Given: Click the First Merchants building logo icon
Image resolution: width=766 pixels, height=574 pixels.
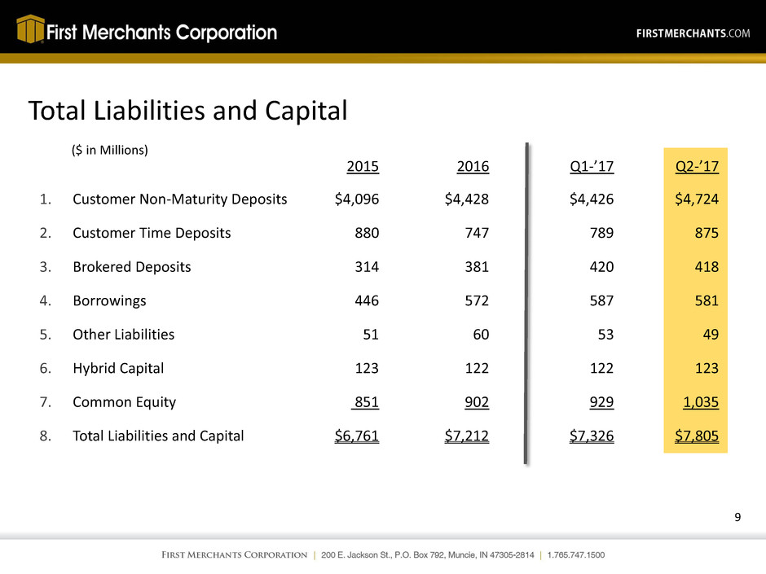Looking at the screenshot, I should point(29,31).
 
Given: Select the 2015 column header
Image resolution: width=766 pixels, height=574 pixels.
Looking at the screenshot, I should point(363,167).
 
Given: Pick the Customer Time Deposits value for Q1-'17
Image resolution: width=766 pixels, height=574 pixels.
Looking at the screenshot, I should point(599,234).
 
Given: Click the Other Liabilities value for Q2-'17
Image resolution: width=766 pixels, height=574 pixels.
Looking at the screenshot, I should point(707,334).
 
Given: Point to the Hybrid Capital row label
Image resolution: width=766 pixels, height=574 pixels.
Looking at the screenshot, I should point(118,367).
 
